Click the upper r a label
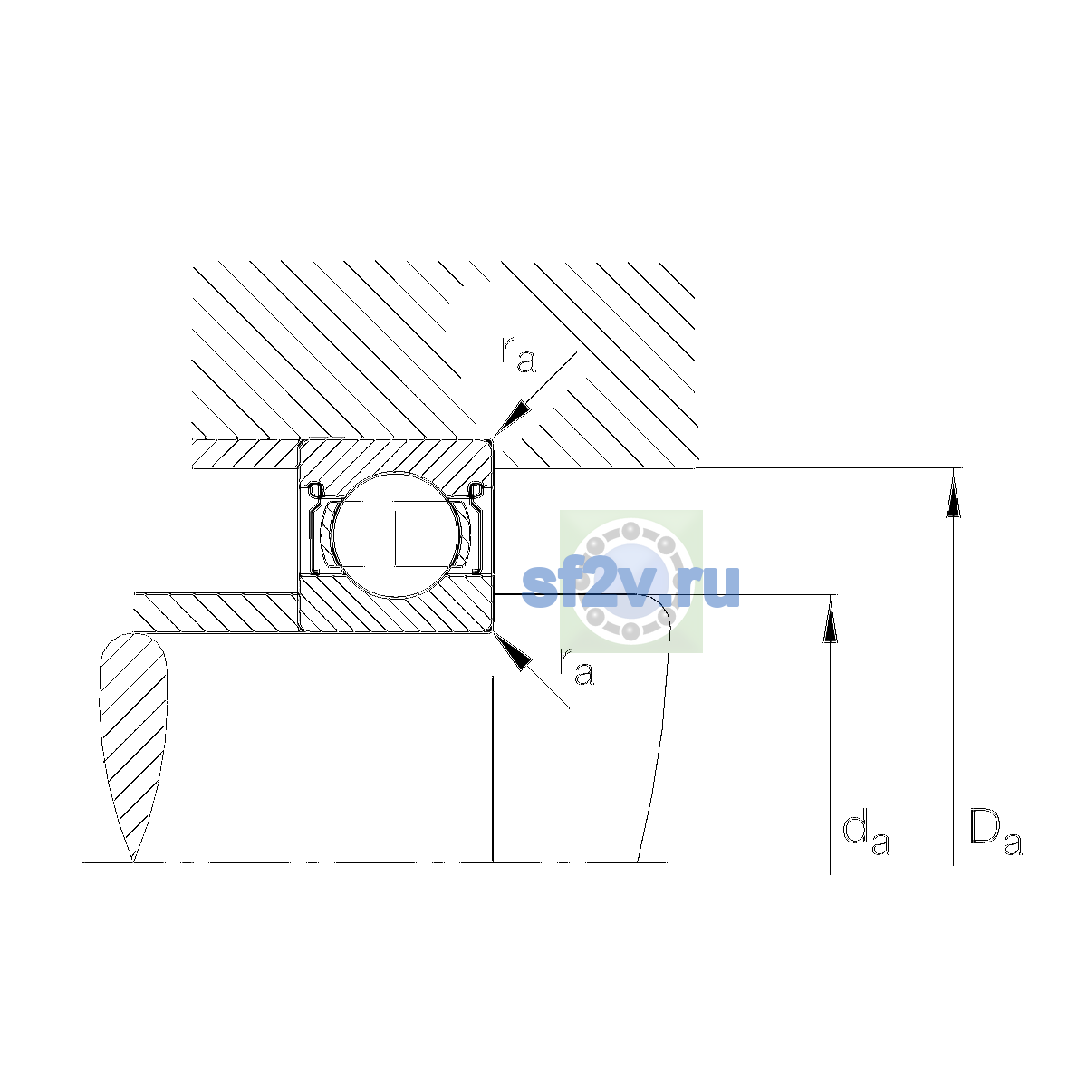coord(518,355)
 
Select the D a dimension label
coord(996,833)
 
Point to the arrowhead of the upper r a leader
coord(513,418)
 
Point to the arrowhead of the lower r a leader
coord(513,652)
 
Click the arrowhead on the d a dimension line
coord(830,620)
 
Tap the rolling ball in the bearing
coord(397,534)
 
